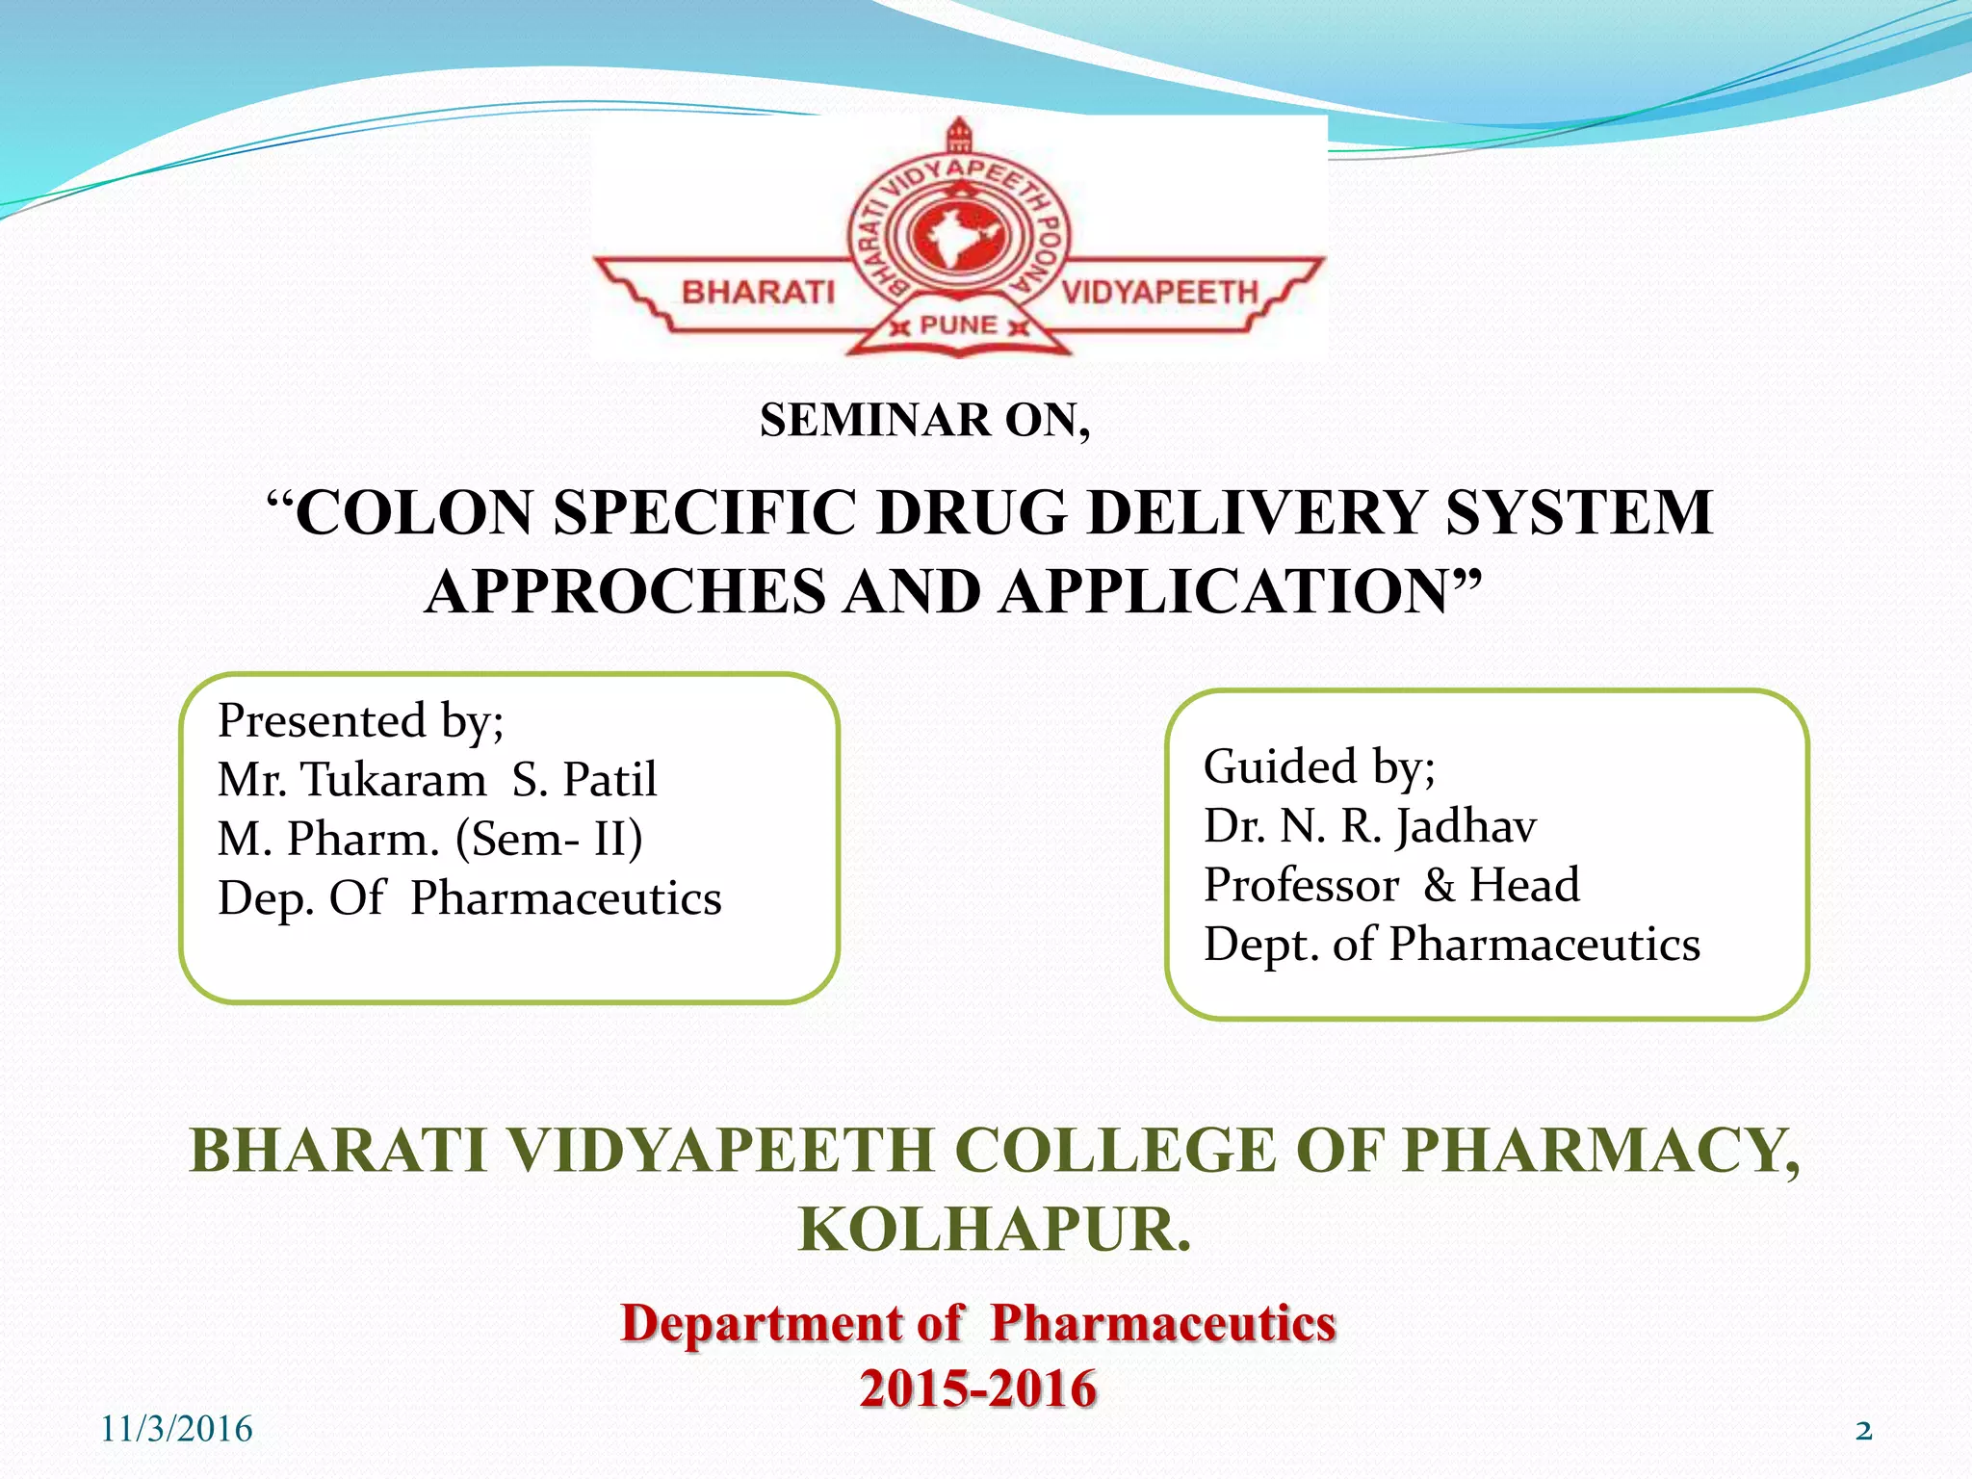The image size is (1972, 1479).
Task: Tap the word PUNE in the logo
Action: pyautogui.click(x=958, y=325)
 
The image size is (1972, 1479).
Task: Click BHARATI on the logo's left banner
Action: pyautogui.click(x=758, y=292)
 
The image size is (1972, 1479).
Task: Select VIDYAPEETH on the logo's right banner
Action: pyautogui.click(x=1159, y=292)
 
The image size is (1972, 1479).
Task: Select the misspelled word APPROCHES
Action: pyautogui.click(x=625, y=591)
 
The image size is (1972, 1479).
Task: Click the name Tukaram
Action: pyautogui.click(x=395, y=780)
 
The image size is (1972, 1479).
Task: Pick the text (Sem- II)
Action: pyautogui.click(x=549, y=839)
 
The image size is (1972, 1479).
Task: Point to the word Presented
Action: pyautogui.click(x=322, y=721)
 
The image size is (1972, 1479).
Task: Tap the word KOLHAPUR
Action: pyautogui.click(x=995, y=1230)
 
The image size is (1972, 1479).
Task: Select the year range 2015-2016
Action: pyautogui.click(x=978, y=1388)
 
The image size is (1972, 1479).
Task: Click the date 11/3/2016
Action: pyautogui.click(x=176, y=1430)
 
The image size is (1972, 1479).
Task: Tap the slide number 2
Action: pyautogui.click(x=1863, y=1431)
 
